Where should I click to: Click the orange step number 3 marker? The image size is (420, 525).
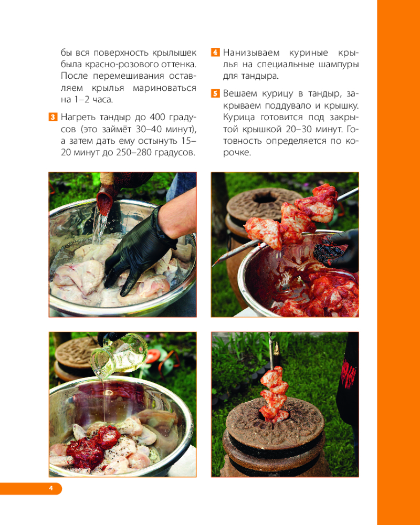point(53,117)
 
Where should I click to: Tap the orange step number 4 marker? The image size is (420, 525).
point(215,52)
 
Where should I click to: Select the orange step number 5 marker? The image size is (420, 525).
point(215,93)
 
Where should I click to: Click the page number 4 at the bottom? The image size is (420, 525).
point(51,488)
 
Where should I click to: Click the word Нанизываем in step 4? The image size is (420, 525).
point(251,53)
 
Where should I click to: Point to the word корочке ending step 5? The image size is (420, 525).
point(237,153)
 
